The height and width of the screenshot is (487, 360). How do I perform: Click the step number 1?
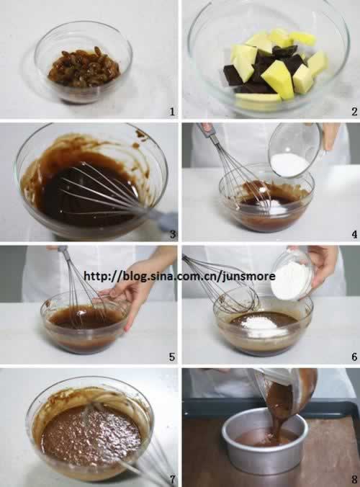(172, 112)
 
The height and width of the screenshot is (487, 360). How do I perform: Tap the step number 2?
(354, 112)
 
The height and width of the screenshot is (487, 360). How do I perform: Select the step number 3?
(173, 233)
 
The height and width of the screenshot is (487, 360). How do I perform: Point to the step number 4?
(354, 234)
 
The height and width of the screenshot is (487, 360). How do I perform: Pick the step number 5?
(172, 357)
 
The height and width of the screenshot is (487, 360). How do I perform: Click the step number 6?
(354, 357)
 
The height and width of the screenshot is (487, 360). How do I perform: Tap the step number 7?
(173, 479)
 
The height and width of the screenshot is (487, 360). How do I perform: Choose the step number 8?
(354, 479)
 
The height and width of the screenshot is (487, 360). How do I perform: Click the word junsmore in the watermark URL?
(249, 276)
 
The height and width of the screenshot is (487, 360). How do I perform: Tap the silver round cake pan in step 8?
(266, 440)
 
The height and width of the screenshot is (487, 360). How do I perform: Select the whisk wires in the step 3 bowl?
(102, 189)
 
